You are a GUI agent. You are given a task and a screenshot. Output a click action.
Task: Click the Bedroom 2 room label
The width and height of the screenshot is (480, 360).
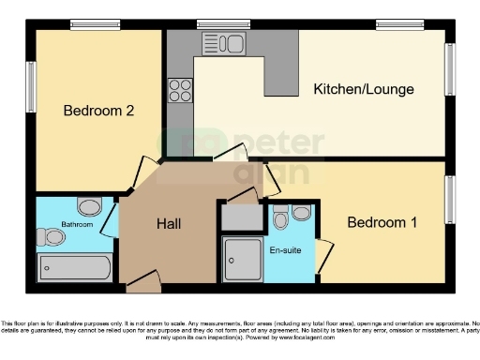tap(98, 111)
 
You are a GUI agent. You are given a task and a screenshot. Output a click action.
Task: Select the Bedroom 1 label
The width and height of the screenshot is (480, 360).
tap(382, 222)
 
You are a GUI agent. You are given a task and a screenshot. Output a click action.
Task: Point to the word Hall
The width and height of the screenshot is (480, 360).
tap(169, 224)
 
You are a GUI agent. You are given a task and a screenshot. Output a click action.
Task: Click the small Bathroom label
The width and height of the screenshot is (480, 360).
tap(77, 225)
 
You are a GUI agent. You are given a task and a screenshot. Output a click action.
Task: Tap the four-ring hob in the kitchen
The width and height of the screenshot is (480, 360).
tap(179, 91)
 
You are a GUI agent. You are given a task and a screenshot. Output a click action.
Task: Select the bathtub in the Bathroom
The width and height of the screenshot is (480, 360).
tap(74, 267)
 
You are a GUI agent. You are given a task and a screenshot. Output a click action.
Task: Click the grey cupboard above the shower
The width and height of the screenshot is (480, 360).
tap(242, 217)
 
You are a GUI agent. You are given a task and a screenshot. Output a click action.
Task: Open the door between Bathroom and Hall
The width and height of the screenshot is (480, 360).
tap(110, 217)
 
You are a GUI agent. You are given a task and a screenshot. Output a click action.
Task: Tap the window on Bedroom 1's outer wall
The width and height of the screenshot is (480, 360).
tap(450, 199)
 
